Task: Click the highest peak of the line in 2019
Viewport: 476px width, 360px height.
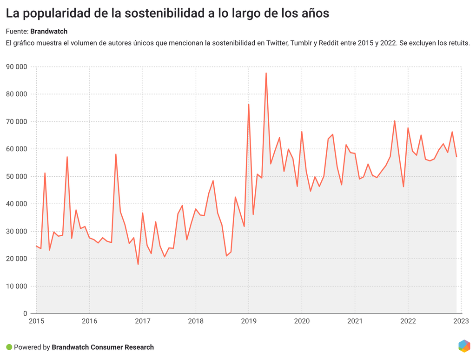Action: point(266,73)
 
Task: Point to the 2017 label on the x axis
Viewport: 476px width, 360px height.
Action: point(142,321)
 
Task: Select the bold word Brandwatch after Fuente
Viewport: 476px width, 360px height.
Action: point(49,31)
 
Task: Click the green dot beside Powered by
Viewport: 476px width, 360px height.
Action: point(9,347)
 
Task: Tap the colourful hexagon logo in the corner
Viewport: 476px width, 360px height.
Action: point(464,346)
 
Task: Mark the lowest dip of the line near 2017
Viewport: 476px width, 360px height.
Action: point(138,264)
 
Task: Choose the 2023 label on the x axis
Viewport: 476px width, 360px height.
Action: point(461,321)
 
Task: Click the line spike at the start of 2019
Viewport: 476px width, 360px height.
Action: point(249,105)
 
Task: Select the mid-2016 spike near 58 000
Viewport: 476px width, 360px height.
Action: point(116,154)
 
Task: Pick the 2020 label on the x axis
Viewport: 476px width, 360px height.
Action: point(302,321)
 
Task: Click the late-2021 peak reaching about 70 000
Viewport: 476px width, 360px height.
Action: point(395,121)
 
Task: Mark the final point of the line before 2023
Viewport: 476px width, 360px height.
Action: point(456,157)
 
